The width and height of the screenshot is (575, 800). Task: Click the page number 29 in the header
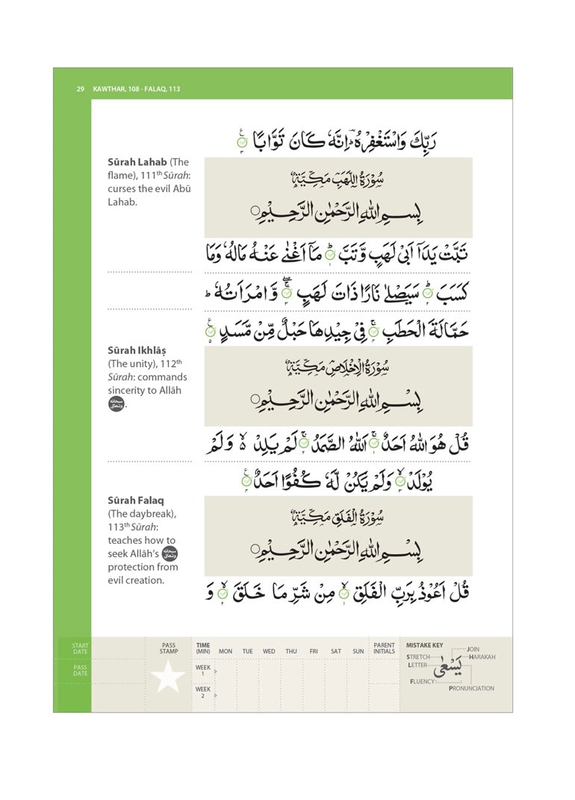click(x=80, y=89)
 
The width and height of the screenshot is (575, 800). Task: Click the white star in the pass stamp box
click(x=168, y=677)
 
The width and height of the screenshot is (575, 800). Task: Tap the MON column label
click(x=226, y=651)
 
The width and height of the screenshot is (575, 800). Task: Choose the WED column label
click(x=269, y=651)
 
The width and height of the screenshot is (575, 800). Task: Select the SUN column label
click(x=358, y=651)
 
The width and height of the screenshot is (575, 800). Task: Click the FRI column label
click(x=314, y=651)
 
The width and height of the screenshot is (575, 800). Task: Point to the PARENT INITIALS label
click(x=385, y=648)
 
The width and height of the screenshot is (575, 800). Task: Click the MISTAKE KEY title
click(x=424, y=645)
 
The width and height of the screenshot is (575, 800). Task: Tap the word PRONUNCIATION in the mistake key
click(x=471, y=689)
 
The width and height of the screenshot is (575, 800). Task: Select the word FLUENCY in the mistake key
click(x=423, y=682)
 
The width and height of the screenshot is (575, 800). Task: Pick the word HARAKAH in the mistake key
click(x=482, y=657)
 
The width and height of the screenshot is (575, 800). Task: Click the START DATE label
click(x=80, y=648)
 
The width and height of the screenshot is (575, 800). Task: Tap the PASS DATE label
click(x=80, y=671)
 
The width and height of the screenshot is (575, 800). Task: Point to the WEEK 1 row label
click(x=202, y=670)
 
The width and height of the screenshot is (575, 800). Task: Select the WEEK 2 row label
click(x=202, y=692)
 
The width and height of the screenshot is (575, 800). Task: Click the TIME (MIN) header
click(x=203, y=648)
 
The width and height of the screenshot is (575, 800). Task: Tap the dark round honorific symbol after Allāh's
click(x=170, y=554)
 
